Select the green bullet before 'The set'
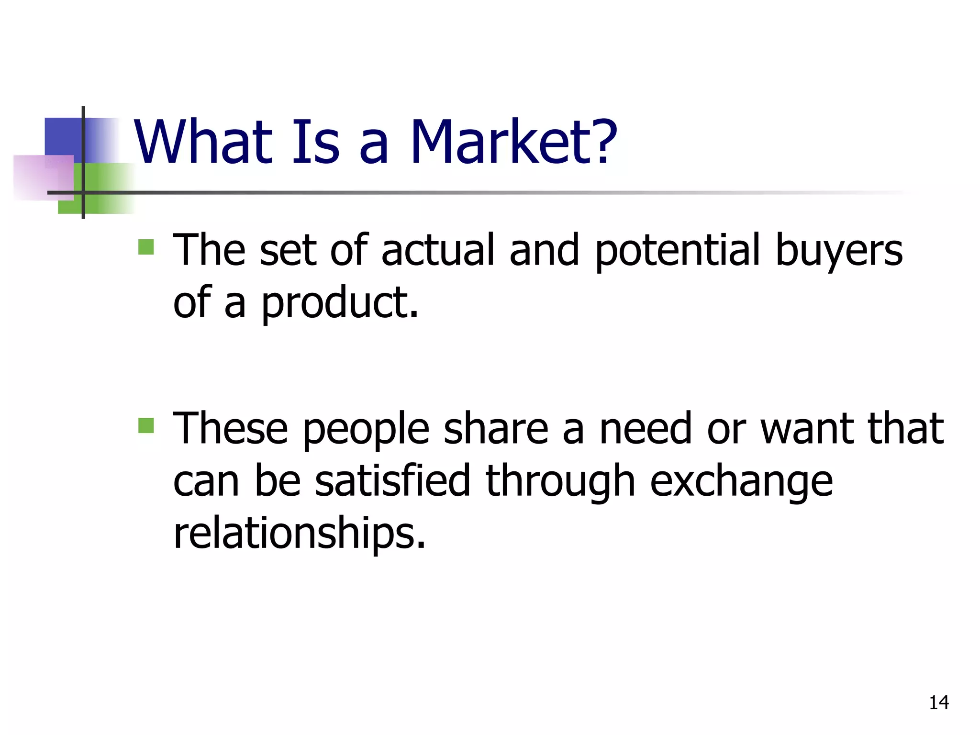pyautogui.click(x=146, y=247)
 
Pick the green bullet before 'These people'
pyautogui.click(x=146, y=425)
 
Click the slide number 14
pyautogui.click(x=939, y=702)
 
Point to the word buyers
pyautogui.click(x=838, y=251)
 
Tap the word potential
pyautogui.click(x=677, y=251)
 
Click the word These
pyautogui.click(x=230, y=428)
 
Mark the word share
pyautogui.click(x=496, y=428)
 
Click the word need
pyautogui.click(x=646, y=428)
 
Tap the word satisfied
pyautogui.click(x=392, y=480)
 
